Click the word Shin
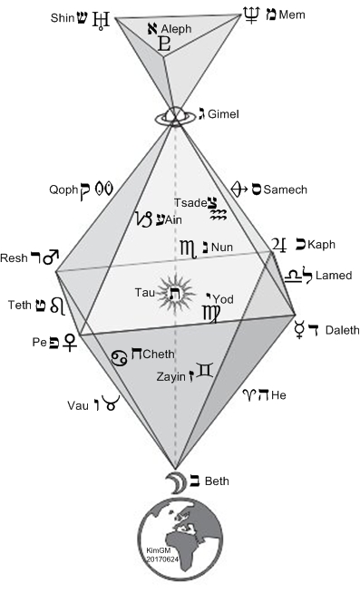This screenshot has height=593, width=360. tap(63, 18)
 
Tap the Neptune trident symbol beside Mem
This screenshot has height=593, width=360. tap(251, 15)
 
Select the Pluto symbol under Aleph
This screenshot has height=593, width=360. tap(164, 44)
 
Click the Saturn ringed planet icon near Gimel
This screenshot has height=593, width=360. tap(175, 116)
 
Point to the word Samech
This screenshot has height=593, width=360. tap(285, 190)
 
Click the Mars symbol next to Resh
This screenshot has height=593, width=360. tap(51, 257)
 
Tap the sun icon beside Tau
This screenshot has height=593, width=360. tap(176, 293)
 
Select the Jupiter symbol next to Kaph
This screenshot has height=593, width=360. tap(279, 245)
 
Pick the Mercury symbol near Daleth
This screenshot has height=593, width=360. tap(300, 329)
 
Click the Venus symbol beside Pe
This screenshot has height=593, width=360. tap(70, 342)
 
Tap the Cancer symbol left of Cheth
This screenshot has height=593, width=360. tap(119, 358)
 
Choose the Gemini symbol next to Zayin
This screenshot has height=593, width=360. tap(206, 371)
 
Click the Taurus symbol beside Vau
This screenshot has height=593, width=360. tap(112, 403)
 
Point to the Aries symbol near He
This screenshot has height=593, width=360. tap(250, 395)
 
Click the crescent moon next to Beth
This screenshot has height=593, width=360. tap(176, 482)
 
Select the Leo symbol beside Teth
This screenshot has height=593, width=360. tap(57, 306)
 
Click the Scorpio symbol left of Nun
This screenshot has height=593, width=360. tap(189, 248)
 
